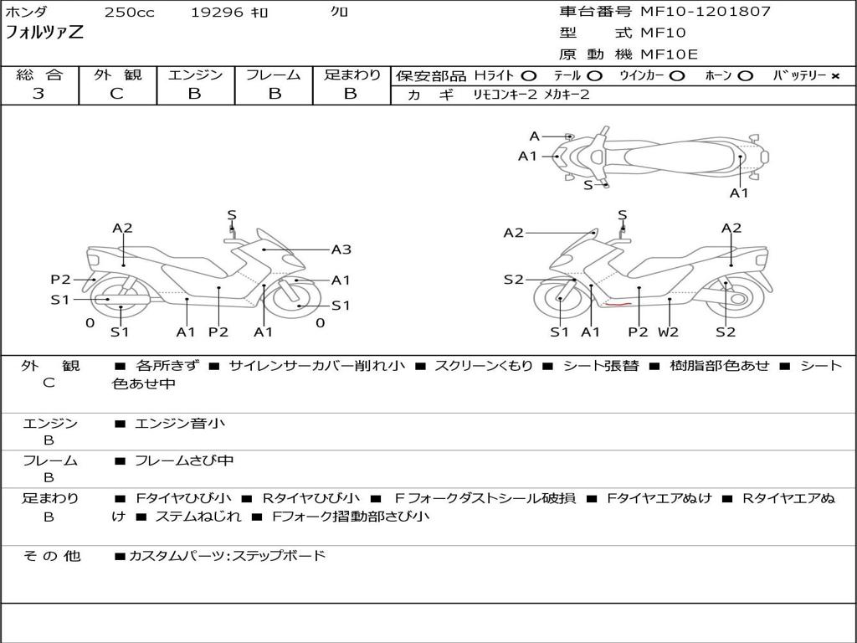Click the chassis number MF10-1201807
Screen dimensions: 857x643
pyautogui.click(x=706, y=12)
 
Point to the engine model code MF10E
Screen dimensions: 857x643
pyautogui.click(x=669, y=54)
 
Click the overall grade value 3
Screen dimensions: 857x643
pyautogui.click(x=38, y=94)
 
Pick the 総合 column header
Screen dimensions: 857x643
pyautogui.click(x=39, y=75)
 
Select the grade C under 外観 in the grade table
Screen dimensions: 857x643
pyautogui.click(x=116, y=94)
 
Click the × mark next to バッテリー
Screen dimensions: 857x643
pyautogui.click(x=834, y=76)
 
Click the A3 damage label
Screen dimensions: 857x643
pyautogui.click(x=341, y=249)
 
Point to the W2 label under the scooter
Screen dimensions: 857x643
pyautogui.click(x=668, y=332)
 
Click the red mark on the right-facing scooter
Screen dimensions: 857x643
pyautogui.click(x=618, y=306)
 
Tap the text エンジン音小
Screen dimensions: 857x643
pyautogui.click(x=180, y=424)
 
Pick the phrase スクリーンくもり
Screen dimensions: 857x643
pyautogui.click(x=483, y=366)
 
